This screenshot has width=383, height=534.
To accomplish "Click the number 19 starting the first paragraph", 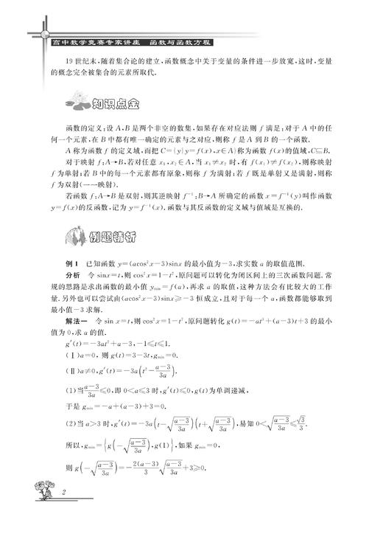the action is coord(70,60).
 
